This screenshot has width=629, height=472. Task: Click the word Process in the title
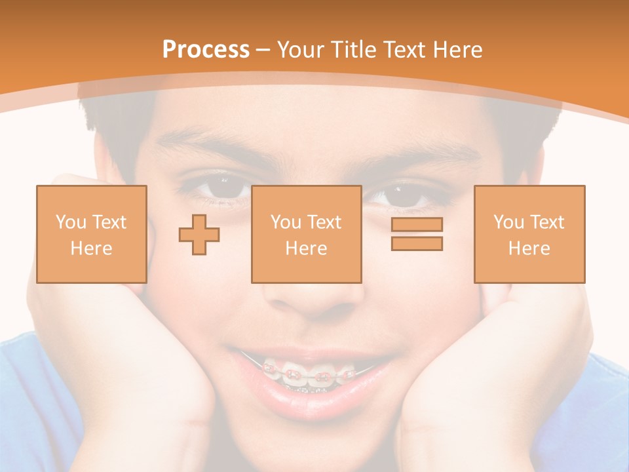(x=206, y=50)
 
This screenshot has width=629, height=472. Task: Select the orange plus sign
(x=199, y=234)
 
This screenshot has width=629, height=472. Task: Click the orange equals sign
(x=417, y=234)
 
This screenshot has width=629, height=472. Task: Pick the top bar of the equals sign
(x=417, y=225)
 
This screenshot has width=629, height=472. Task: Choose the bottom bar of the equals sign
(x=417, y=243)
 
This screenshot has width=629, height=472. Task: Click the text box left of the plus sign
(x=91, y=235)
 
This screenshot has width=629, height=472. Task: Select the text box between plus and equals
(x=306, y=235)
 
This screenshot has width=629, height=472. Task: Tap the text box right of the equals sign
(x=529, y=235)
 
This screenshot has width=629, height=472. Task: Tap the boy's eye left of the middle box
(x=223, y=188)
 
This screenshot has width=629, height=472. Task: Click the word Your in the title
(x=298, y=50)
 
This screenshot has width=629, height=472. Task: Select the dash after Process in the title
(x=263, y=50)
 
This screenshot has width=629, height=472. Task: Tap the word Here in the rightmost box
(x=529, y=248)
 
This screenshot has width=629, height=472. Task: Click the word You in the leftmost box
(x=70, y=222)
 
